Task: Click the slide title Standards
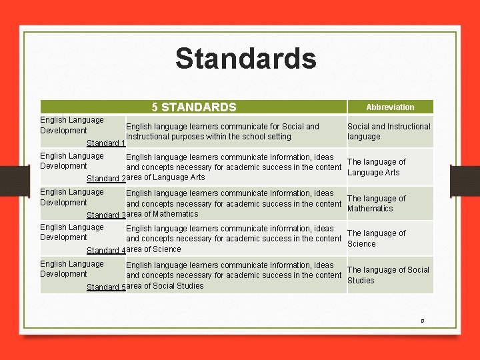coord(245,59)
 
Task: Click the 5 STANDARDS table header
coord(193,107)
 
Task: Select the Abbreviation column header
coord(390,107)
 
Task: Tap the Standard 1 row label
coord(106,143)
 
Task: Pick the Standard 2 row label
coord(106,179)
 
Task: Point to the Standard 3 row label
coord(106,215)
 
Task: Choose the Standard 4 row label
coord(106,251)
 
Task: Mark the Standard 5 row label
coord(106,287)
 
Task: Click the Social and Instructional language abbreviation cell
coord(389,131)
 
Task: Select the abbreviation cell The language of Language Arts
coord(376,167)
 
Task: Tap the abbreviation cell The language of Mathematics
coord(376,203)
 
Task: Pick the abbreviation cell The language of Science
coord(376,239)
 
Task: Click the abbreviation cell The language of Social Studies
coord(388,275)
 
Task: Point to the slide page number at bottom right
coord(422,321)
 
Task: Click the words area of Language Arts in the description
coord(165,177)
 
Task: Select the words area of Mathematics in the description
coord(162,214)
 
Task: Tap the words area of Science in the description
coord(153,249)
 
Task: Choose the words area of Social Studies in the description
coord(165,286)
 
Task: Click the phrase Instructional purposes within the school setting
coord(209,137)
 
